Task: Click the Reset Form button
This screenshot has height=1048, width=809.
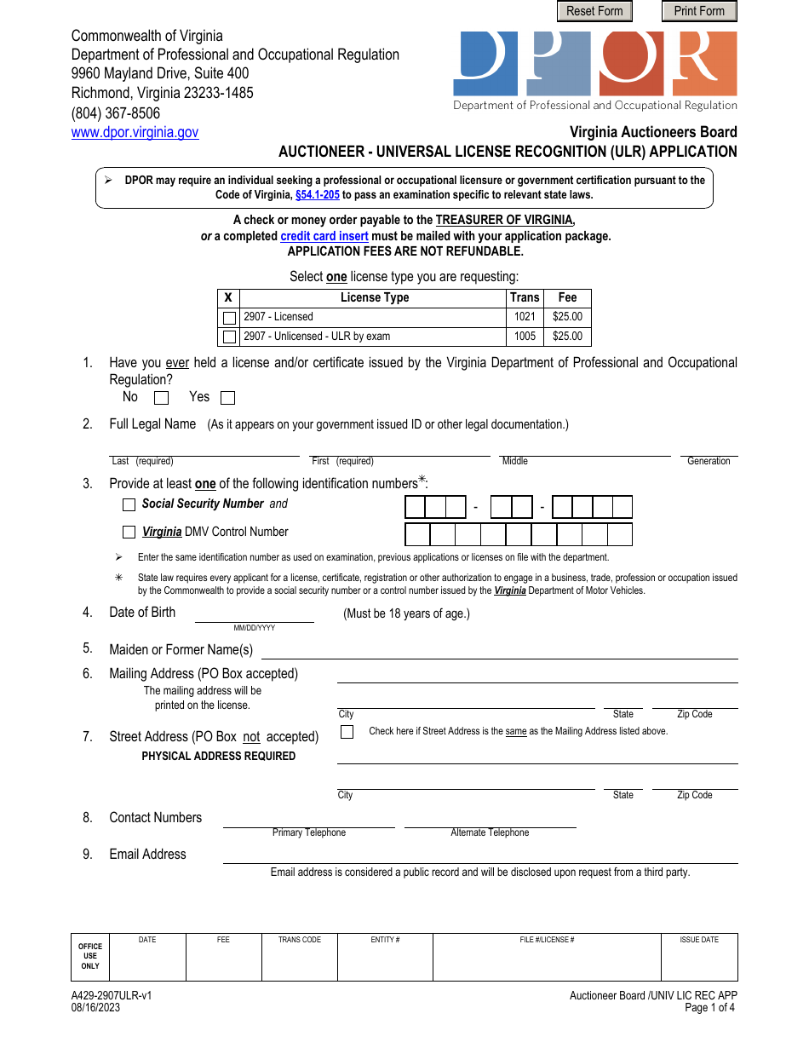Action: pyautogui.click(x=594, y=11)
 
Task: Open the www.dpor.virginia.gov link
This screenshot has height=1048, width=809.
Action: pyautogui.click(x=135, y=132)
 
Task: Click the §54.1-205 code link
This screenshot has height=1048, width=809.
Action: pyautogui.click(x=317, y=194)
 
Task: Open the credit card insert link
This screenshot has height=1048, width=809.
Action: pyautogui.click(x=324, y=236)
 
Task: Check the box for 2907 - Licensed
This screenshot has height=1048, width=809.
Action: pyautogui.click(x=229, y=318)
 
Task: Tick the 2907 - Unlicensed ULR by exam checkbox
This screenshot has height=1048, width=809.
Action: pyautogui.click(x=229, y=337)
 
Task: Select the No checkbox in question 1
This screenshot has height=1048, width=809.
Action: pyautogui.click(x=161, y=398)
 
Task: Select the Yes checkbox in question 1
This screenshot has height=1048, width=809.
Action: pyautogui.click(x=227, y=398)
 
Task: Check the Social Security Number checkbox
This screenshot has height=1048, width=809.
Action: pyautogui.click(x=129, y=504)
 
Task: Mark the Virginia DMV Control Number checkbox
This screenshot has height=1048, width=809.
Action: pyautogui.click(x=129, y=533)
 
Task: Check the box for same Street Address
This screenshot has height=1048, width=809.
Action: pyautogui.click(x=347, y=732)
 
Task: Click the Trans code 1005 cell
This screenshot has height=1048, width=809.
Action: pyautogui.click(x=525, y=337)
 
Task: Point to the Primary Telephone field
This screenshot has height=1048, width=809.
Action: pyautogui.click(x=308, y=820)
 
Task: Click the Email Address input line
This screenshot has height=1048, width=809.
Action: pyautogui.click(x=479, y=855)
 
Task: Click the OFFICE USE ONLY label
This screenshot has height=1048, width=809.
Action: pyautogui.click(x=90, y=956)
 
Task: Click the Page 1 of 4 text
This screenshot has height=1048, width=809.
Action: pyautogui.click(x=709, y=1007)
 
